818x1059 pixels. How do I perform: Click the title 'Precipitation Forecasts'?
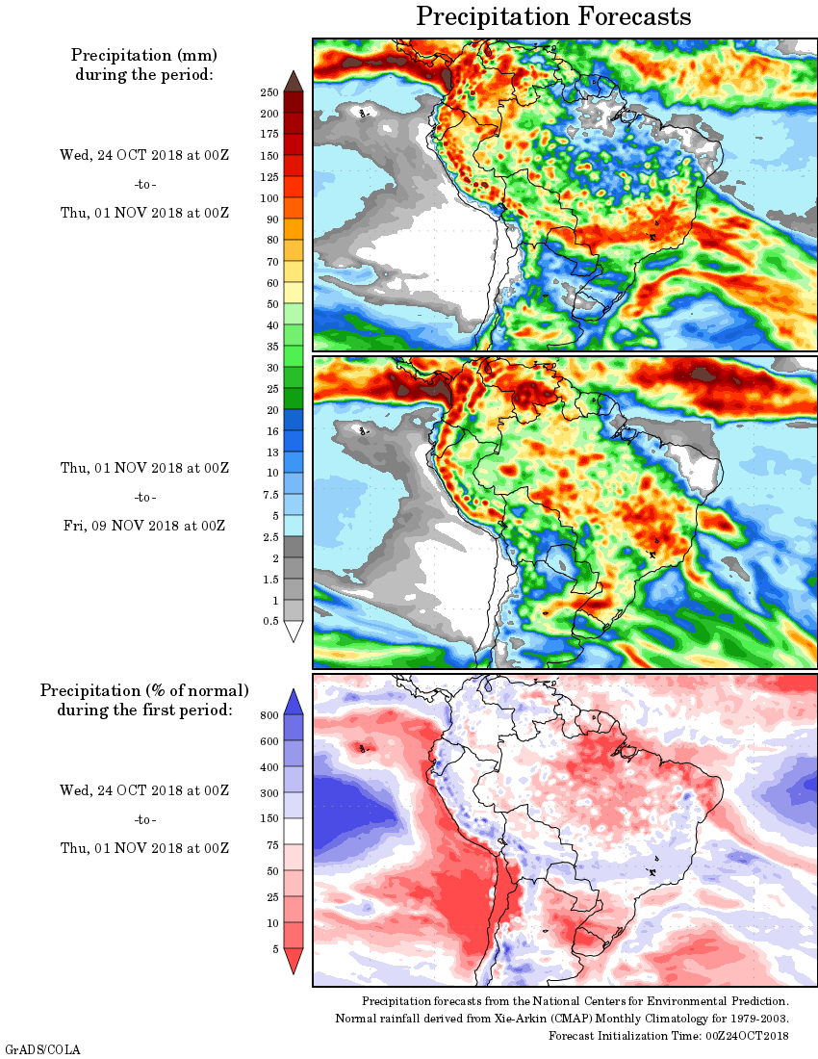pos(553,17)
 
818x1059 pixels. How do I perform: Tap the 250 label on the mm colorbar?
pos(269,92)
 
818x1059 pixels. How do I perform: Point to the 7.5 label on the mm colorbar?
pos(269,495)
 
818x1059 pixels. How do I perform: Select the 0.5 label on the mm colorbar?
pos(270,622)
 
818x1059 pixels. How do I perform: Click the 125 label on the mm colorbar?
pos(269,177)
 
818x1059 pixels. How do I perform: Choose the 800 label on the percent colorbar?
pos(269,715)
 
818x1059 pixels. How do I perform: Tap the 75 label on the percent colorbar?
pos(272,845)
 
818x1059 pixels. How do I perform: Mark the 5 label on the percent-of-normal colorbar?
pos(275,949)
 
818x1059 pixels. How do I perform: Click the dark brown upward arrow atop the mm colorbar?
pos(294,81)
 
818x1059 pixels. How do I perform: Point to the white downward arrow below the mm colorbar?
pos(294,632)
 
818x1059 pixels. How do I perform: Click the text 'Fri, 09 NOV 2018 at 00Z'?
pos(143,526)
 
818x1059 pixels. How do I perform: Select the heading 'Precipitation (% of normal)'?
pos(144,690)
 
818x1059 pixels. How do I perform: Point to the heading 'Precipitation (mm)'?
pos(144,55)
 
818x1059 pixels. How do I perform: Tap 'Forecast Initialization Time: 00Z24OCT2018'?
pos(669,1036)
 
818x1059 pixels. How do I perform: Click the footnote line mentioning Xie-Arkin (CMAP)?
pos(562,1019)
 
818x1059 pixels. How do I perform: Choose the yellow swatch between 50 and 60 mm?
pos(294,294)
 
